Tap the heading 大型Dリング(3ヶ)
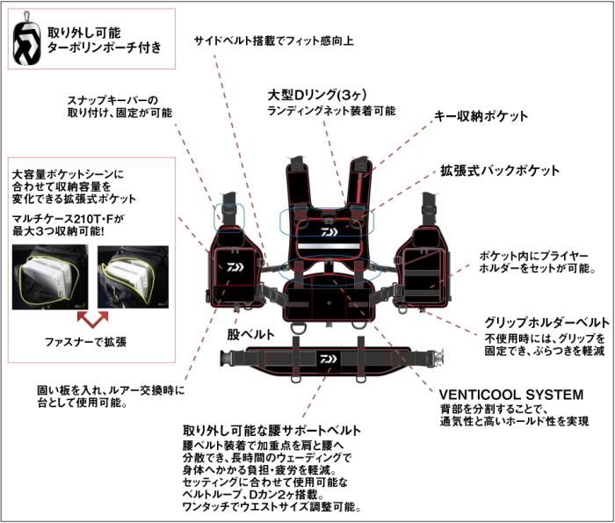pos(322,94)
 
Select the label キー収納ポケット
pos(481,116)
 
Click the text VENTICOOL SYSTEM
pos(511,395)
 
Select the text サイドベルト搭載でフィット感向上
pos(275,40)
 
